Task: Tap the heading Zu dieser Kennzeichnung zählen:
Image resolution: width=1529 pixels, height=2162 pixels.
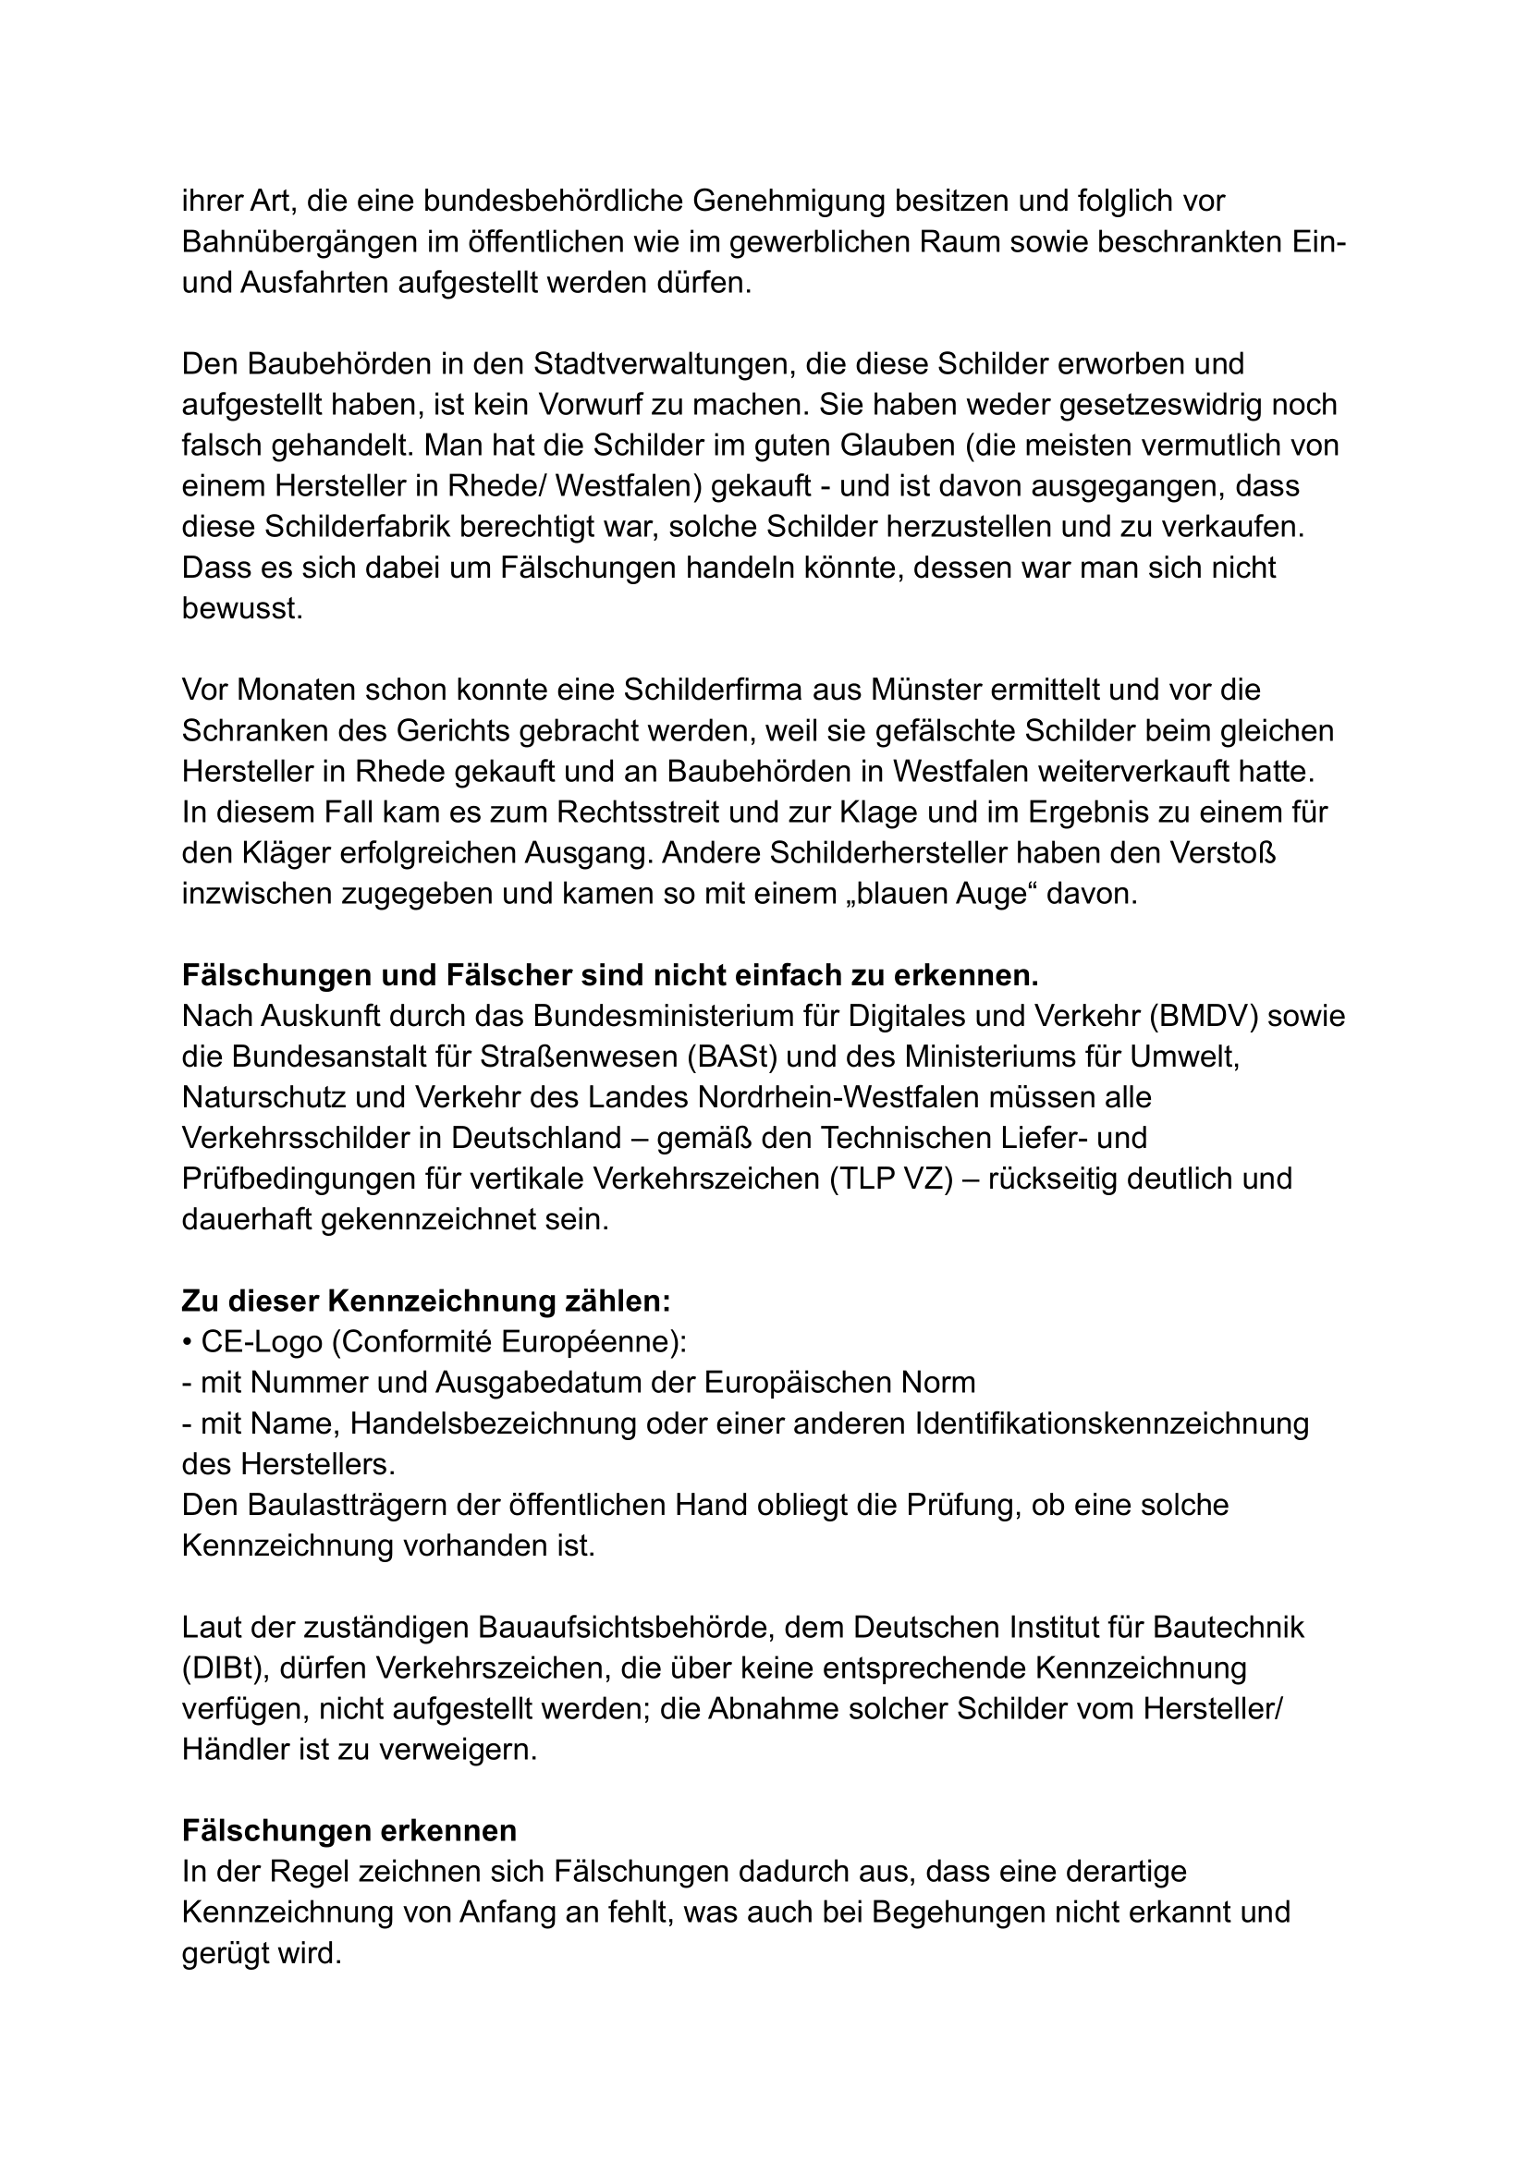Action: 425,1301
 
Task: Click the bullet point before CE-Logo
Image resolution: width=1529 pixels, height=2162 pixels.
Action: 188,1343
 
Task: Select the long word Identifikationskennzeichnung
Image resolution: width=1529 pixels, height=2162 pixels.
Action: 1111,1423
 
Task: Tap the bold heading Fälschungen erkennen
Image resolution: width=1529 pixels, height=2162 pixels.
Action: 349,1830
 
